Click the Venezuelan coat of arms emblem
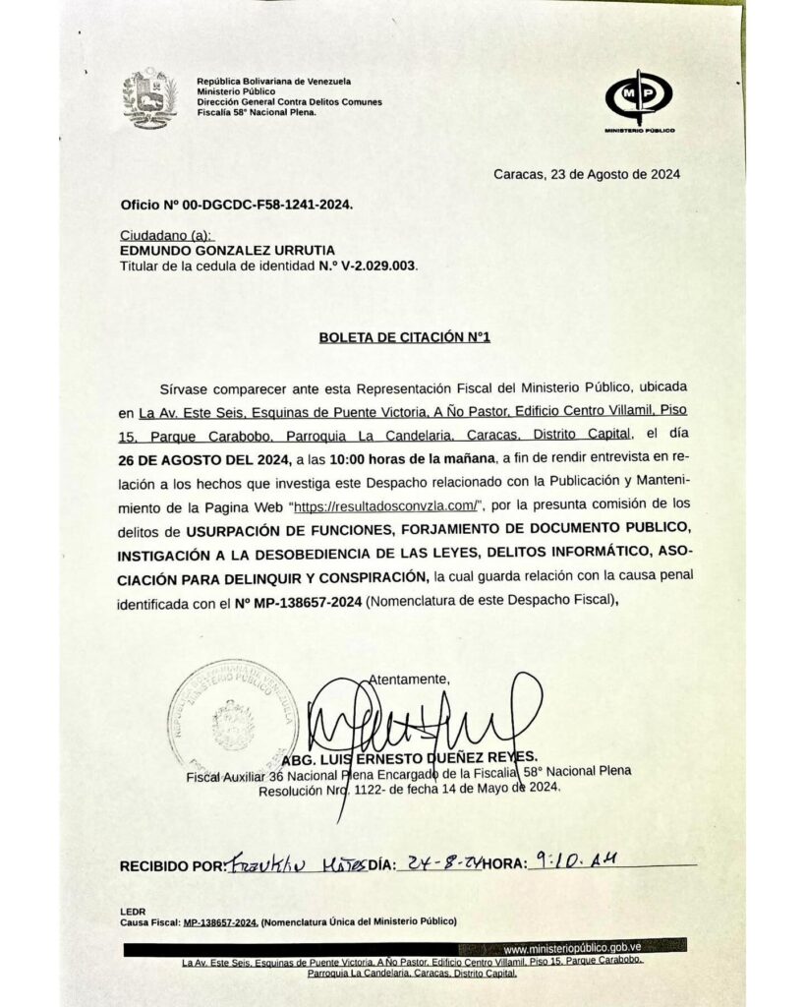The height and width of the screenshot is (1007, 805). pyautogui.click(x=149, y=99)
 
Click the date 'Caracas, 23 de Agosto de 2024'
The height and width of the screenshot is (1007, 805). pyautogui.click(x=587, y=175)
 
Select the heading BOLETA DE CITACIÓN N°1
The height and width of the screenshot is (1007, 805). pyautogui.click(x=404, y=337)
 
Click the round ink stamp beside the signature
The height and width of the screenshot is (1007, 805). pyautogui.click(x=232, y=715)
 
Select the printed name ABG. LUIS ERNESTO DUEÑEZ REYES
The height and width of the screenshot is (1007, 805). pyautogui.click(x=410, y=756)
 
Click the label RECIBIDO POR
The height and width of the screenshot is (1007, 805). pyautogui.click(x=172, y=866)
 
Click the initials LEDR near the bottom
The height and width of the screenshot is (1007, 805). pyautogui.click(x=133, y=911)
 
